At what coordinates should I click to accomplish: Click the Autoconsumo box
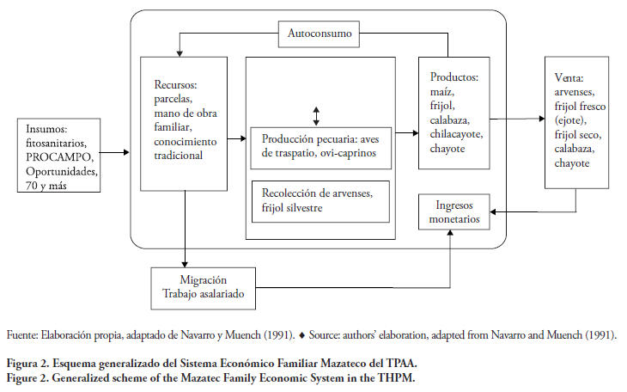(320, 35)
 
